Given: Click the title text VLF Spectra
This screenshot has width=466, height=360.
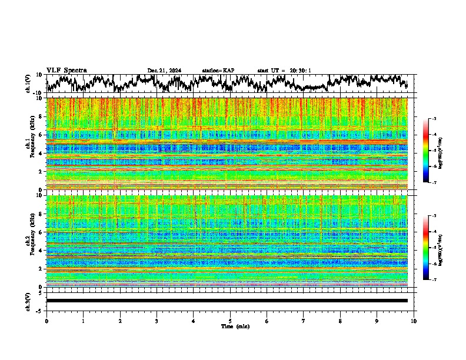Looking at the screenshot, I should pos(66,70).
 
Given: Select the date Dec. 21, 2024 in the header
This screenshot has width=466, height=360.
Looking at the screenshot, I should pos(164,71).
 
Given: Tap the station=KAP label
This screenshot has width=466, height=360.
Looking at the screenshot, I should pos(218,71).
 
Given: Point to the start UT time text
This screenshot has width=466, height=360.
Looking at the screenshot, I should pos(284,71).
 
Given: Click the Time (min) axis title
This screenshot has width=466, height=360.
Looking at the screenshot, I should pos(230,326).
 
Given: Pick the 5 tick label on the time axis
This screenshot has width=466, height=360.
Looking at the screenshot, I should pos(230,321).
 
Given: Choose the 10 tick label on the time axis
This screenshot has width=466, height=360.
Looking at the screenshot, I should pos(414,321).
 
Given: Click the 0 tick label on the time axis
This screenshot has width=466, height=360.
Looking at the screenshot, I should pos(46,321).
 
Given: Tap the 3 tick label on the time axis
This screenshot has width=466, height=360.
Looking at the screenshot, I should pos(157,321).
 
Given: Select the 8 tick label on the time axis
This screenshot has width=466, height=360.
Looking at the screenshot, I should pos(340,321).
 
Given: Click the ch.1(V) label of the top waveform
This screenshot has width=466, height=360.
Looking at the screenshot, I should pos(28,84).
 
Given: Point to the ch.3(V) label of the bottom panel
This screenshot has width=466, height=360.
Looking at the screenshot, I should pos(28,300).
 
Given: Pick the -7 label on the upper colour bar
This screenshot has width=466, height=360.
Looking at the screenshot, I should pos(434,183).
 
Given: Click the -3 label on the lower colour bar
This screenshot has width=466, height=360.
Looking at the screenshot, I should pos(434,216).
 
